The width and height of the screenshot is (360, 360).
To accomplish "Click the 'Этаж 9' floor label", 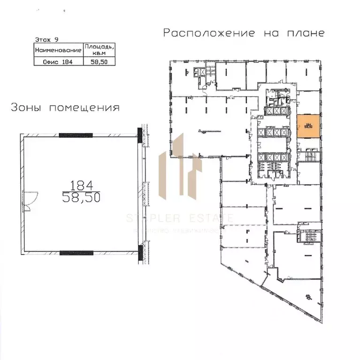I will coord(47,40).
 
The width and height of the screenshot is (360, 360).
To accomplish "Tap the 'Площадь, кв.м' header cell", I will coord(99,49).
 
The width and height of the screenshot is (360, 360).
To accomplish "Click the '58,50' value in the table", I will coord(99,60).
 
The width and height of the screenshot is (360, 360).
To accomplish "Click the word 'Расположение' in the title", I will coord(209,33).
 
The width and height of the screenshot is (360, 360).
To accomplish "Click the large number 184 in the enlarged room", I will coord(83,184).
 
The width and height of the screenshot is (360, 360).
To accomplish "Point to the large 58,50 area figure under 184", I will coord(83,198).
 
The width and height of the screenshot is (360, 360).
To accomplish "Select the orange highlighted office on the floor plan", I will coord(308,125).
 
